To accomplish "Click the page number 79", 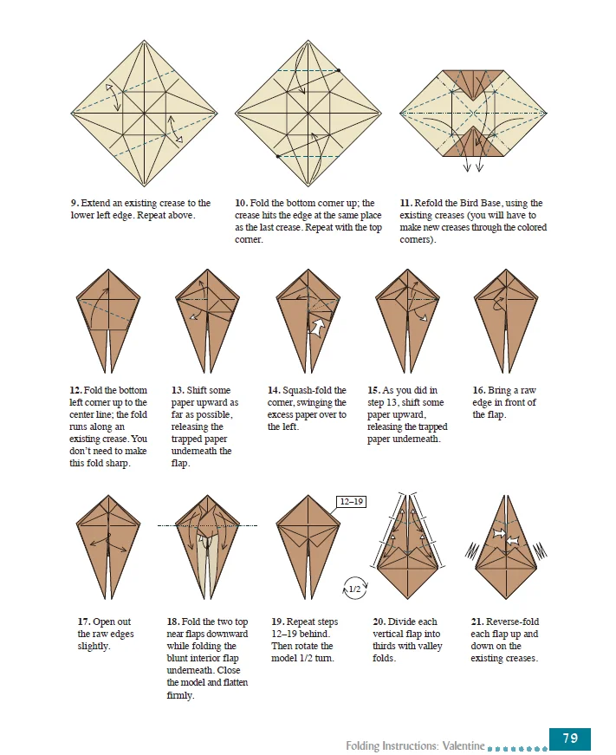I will coord(569,739).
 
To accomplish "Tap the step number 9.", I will coord(74,203).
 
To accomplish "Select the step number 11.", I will coord(405,203).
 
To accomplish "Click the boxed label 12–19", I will coord(353,501).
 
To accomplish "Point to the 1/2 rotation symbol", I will coord(353,589).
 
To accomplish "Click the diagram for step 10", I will coord(308,113).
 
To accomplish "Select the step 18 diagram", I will coord(207,546).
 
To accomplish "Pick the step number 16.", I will coord(478,390).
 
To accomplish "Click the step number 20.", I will coord(379,622).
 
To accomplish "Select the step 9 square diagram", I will coord(144,113).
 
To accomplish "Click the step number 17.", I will coord(83,622).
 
